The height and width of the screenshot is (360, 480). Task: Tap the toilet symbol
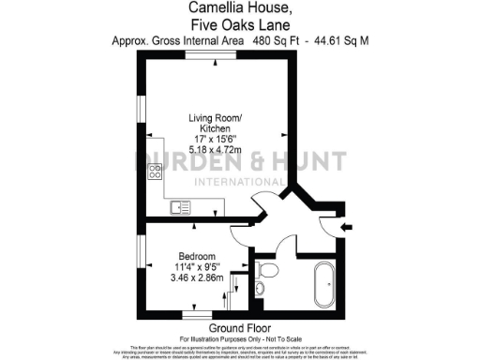point(267,273)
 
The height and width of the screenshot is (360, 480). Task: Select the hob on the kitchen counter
point(155,172)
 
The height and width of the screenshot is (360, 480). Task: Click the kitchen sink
point(180,207)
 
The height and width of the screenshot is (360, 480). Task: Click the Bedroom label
point(197,257)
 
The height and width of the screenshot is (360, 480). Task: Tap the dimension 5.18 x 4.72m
point(215,147)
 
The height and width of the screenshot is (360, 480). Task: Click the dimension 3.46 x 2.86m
point(197,279)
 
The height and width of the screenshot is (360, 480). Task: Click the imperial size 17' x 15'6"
point(215,136)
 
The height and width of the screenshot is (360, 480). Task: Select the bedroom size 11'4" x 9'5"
point(197,268)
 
